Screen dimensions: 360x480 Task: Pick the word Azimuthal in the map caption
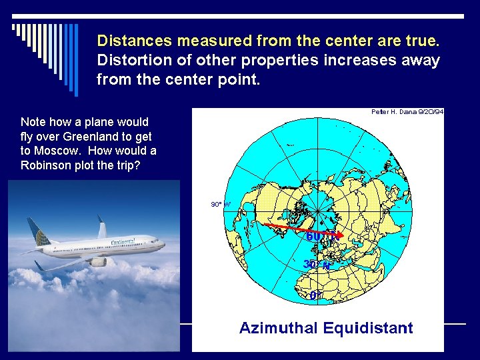[x=279, y=328]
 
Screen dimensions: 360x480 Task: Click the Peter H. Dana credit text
[x=407, y=112]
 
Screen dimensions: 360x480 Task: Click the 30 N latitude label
[x=317, y=264]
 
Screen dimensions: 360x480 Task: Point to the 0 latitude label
[x=314, y=295]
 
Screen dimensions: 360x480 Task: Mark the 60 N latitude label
[x=319, y=236]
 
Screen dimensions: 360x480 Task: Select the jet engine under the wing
[x=97, y=262]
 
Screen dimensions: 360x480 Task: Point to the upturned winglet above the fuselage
[x=101, y=228]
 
